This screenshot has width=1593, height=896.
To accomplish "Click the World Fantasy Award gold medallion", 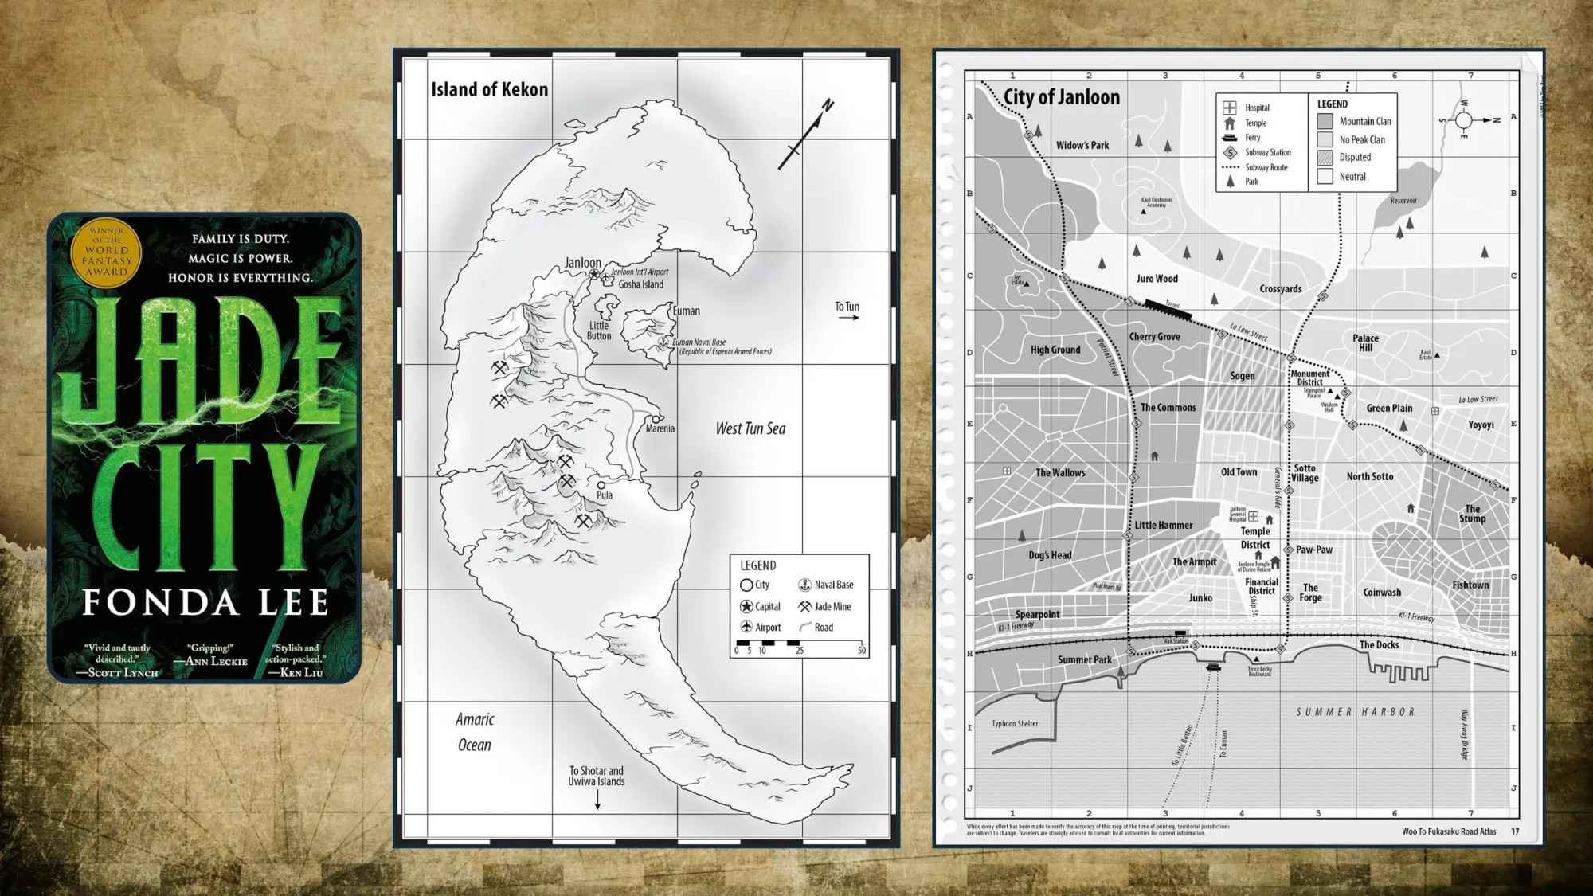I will [106, 250].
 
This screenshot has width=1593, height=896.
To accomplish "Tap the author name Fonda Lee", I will [205, 603].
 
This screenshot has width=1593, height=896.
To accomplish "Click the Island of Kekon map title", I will [489, 89].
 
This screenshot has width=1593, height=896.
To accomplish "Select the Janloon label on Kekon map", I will [582, 263].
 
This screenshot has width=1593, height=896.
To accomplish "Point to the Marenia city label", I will [660, 428].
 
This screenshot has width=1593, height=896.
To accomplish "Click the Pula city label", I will [605, 495].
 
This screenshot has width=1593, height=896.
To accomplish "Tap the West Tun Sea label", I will [750, 428].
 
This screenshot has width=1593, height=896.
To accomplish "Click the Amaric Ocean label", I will [475, 732].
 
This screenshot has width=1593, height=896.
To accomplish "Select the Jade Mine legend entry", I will [825, 606].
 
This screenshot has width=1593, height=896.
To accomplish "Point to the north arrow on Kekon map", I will [805, 135].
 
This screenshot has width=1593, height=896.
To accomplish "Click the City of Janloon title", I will [1061, 97].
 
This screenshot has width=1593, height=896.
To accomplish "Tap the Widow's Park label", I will [1082, 145].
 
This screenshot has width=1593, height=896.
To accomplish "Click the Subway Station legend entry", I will [1258, 152].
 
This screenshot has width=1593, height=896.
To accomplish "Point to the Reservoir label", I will [1403, 201].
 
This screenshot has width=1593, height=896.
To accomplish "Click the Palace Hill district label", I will [1365, 342].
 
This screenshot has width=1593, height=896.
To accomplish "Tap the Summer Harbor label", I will [1355, 712].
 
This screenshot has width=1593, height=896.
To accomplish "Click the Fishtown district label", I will [1470, 585].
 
